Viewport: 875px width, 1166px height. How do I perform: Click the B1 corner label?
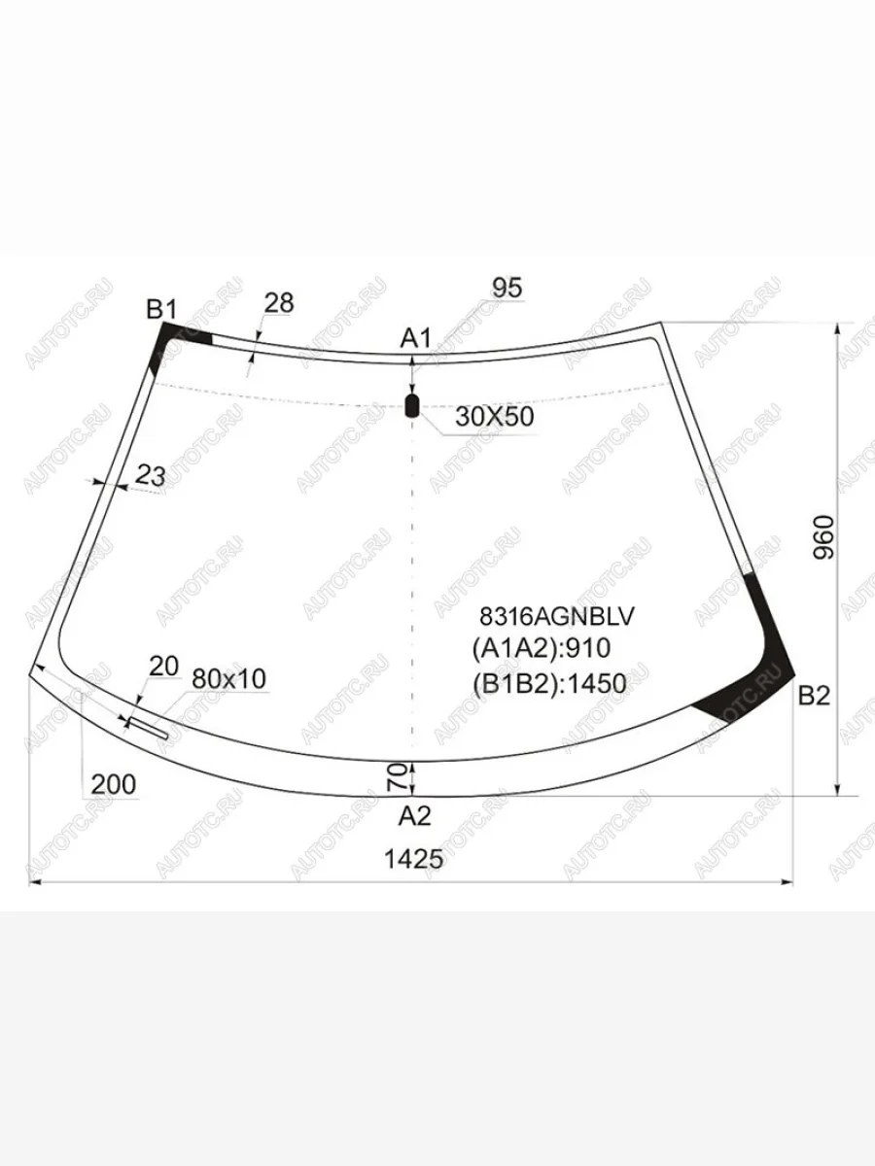click(161, 309)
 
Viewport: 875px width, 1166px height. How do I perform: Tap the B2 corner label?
click(815, 696)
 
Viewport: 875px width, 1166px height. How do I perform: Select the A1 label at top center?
click(416, 338)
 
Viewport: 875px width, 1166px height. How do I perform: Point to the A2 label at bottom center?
click(415, 815)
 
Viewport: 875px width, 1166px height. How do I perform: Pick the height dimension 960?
click(824, 537)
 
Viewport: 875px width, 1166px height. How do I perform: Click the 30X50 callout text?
click(495, 417)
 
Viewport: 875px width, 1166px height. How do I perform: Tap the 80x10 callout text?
click(229, 679)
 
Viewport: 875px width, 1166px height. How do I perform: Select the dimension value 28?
click(279, 303)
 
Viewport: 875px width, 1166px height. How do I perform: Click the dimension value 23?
click(151, 476)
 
